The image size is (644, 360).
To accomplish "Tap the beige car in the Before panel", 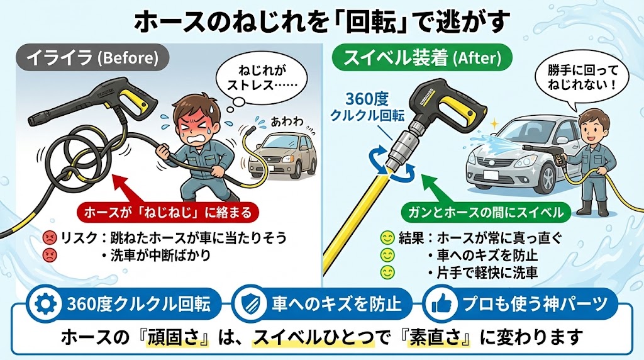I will pos(280,157).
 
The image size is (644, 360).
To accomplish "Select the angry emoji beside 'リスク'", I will pos(48,238).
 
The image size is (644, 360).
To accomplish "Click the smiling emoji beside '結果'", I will pos(387,238).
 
